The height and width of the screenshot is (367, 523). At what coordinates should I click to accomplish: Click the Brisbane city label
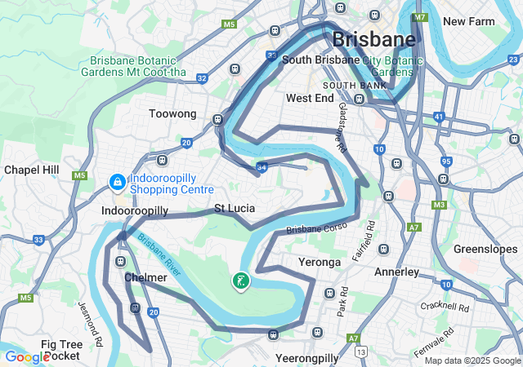pos(373,39)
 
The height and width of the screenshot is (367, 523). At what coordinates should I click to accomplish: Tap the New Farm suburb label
pos(470,20)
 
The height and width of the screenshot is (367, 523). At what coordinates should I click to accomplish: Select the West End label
pos(310,98)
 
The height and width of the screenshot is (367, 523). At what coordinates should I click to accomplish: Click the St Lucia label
pos(235,208)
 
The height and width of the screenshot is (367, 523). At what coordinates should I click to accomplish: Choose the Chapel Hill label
pos(32,169)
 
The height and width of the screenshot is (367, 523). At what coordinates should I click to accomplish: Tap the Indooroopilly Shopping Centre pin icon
pos(118,181)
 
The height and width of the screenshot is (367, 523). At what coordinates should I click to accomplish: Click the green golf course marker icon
pos(241,281)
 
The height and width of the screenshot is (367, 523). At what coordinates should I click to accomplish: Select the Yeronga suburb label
pos(320,263)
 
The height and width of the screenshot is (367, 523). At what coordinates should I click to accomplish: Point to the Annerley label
pos(396,272)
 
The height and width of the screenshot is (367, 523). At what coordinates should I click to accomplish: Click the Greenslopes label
pos(481,249)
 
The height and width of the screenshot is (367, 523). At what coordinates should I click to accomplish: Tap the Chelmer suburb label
pos(145,278)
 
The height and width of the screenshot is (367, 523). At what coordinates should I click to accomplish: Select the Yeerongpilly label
pos(307,358)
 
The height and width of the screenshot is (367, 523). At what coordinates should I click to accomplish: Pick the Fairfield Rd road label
pos(371,237)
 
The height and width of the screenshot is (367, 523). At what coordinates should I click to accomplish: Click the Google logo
pos(27,357)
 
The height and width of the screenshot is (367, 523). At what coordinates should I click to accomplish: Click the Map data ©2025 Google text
pos(472,360)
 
